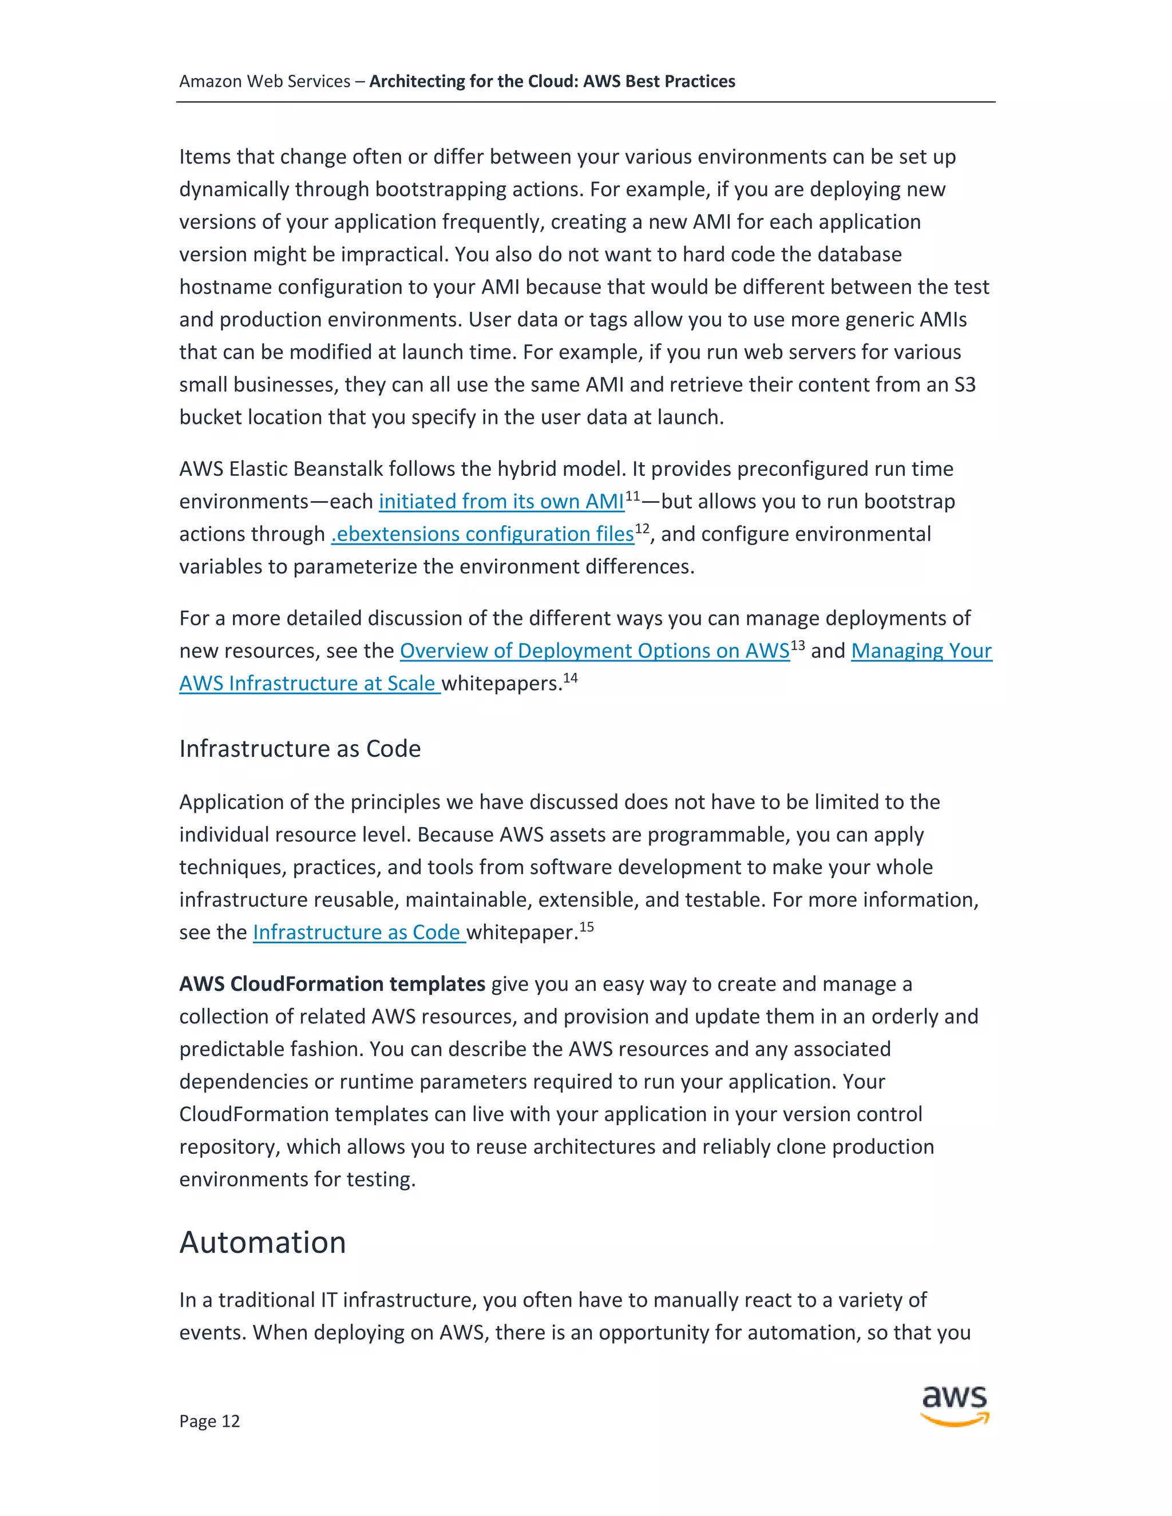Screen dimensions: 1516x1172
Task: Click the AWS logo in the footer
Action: [955, 1405]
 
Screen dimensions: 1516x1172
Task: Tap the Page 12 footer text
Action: [209, 1421]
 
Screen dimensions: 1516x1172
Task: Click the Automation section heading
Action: [263, 1243]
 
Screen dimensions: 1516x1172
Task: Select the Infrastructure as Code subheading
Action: [299, 748]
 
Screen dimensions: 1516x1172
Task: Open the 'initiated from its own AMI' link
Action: [501, 502]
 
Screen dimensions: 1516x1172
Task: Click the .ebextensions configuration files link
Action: [482, 534]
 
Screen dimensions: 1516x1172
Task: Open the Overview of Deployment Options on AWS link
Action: [595, 651]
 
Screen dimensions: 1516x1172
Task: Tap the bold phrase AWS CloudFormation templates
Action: [332, 985]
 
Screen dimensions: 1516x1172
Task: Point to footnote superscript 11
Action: [632, 495]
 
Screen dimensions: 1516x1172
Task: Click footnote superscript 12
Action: [642, 528]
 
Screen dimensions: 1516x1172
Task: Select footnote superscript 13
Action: [797, 645]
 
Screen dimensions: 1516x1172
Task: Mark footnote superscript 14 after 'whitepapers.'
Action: [570, 677]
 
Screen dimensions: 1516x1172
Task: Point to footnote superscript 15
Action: [586, 927]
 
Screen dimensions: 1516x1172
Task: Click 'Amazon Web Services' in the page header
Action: [264, 82]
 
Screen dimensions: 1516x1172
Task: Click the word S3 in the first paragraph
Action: [964, 384]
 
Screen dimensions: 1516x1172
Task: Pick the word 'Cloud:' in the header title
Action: [553, 82]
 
